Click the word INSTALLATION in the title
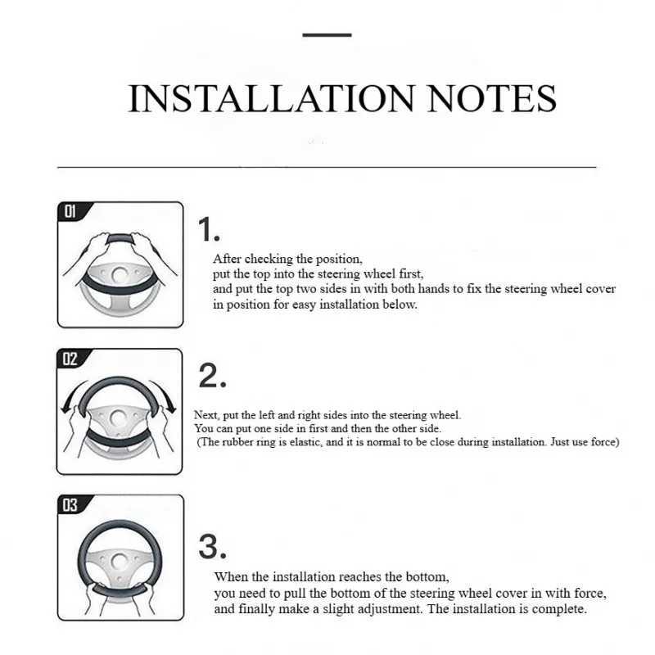(271, 98)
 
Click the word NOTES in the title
(492, 98)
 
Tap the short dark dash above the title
(327, 35)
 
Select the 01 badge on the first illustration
(70, 211)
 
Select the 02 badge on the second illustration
(70, 359)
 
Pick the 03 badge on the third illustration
(70, 505)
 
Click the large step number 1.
(209, 229)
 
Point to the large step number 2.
(212, 376)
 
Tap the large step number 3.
(212, 546)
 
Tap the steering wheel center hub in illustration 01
(120, 274)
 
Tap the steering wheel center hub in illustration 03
(120, 561)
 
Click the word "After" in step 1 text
(228, 259)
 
